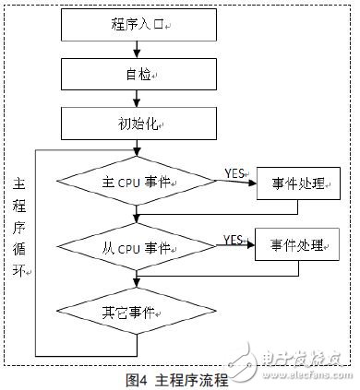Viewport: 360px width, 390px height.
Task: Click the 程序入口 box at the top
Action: pos(136,27)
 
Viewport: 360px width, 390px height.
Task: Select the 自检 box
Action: pos(136,76)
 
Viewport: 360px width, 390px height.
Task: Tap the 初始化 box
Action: pos(136,122)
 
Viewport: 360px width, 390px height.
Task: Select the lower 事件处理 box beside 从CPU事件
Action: pos(298,246)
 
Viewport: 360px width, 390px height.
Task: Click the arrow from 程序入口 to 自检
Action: pos(136,52)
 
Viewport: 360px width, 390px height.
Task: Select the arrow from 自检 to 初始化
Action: pos(136,99)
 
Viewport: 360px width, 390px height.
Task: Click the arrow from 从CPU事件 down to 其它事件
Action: pos(136,279)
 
